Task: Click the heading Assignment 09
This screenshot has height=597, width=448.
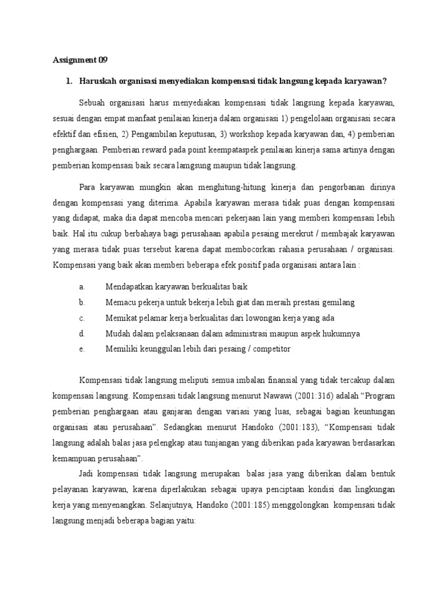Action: coord(80,60)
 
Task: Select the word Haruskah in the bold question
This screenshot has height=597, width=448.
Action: coord(100,80)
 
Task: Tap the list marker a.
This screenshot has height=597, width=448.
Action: coord(82,287)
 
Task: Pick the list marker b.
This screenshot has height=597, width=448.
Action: coord(82,303)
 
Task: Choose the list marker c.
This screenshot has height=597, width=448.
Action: coord(82,318)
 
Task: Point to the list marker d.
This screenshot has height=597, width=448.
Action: coord(82,333)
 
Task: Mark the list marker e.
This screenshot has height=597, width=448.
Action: coord(82,349)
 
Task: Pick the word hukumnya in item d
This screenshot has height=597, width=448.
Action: coord(339,333)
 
